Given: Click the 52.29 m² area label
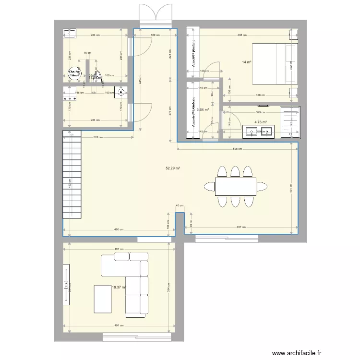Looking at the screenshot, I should coord(173,168).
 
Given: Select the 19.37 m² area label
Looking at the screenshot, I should coord(119,288).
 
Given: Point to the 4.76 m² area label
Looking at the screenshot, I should coord(261,122).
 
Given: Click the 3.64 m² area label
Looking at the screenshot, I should coord(203,109).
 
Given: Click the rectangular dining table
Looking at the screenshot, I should coord(235,186).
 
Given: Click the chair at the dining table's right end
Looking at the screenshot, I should coord(262,186).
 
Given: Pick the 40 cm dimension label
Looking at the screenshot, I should coord(180,205).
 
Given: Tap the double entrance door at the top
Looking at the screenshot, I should coord(155,14).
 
